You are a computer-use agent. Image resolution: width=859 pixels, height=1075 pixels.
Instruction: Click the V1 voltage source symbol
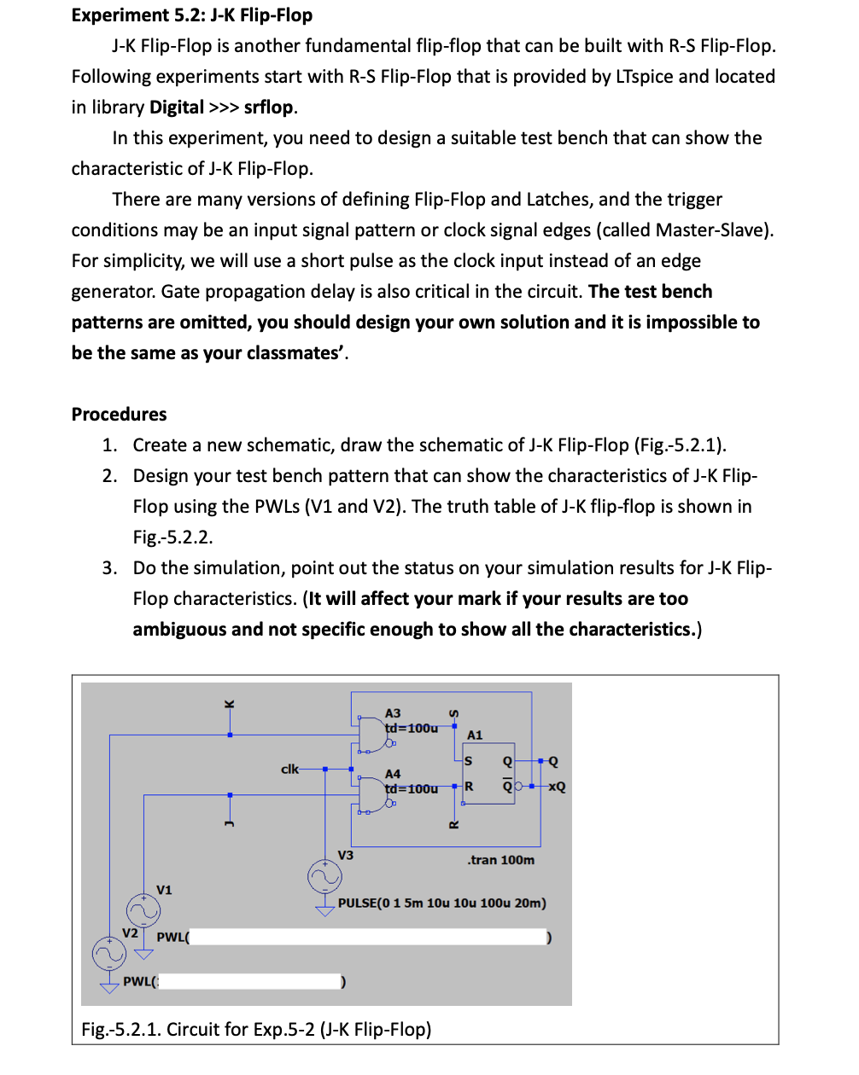coord(143,910)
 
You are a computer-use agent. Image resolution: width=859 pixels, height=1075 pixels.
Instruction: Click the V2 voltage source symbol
coord(109,953)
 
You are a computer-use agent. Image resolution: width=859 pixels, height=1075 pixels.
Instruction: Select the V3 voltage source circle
coord(324,875)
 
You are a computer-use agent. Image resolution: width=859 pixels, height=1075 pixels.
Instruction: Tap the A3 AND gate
coord(373,732)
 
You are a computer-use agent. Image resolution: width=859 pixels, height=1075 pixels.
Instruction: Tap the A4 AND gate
coord(373,793)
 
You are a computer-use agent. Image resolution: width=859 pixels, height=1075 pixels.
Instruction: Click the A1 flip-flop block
coord(489,773)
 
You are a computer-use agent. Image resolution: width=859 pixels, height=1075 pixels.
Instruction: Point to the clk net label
coord(289,769)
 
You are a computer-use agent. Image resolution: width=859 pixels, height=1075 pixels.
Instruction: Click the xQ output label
coord(556,787)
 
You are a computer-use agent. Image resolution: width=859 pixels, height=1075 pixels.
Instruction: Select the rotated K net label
coord(229,704)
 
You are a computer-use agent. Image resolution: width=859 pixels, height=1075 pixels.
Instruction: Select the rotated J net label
coord(229,822)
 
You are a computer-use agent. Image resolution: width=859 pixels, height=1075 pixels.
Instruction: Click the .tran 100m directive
coord(500,860)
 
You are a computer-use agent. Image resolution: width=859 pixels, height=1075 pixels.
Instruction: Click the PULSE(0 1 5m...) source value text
coord(441,903)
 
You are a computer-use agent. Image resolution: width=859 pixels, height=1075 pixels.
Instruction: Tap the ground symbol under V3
coord(324,909)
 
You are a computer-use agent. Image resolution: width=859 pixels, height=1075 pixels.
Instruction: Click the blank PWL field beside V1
coord(367,937)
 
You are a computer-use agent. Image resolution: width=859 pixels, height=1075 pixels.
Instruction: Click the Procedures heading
coord(119,415)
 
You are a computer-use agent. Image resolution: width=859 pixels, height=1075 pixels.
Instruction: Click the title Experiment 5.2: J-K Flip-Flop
coord(192,15)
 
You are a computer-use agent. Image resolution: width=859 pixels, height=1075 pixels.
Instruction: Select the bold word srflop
coord(268,107)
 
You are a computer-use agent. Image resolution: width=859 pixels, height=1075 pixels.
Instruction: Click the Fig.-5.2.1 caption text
coord(256,1029)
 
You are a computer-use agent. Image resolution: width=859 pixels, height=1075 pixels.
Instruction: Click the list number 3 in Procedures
coord(109,568)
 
